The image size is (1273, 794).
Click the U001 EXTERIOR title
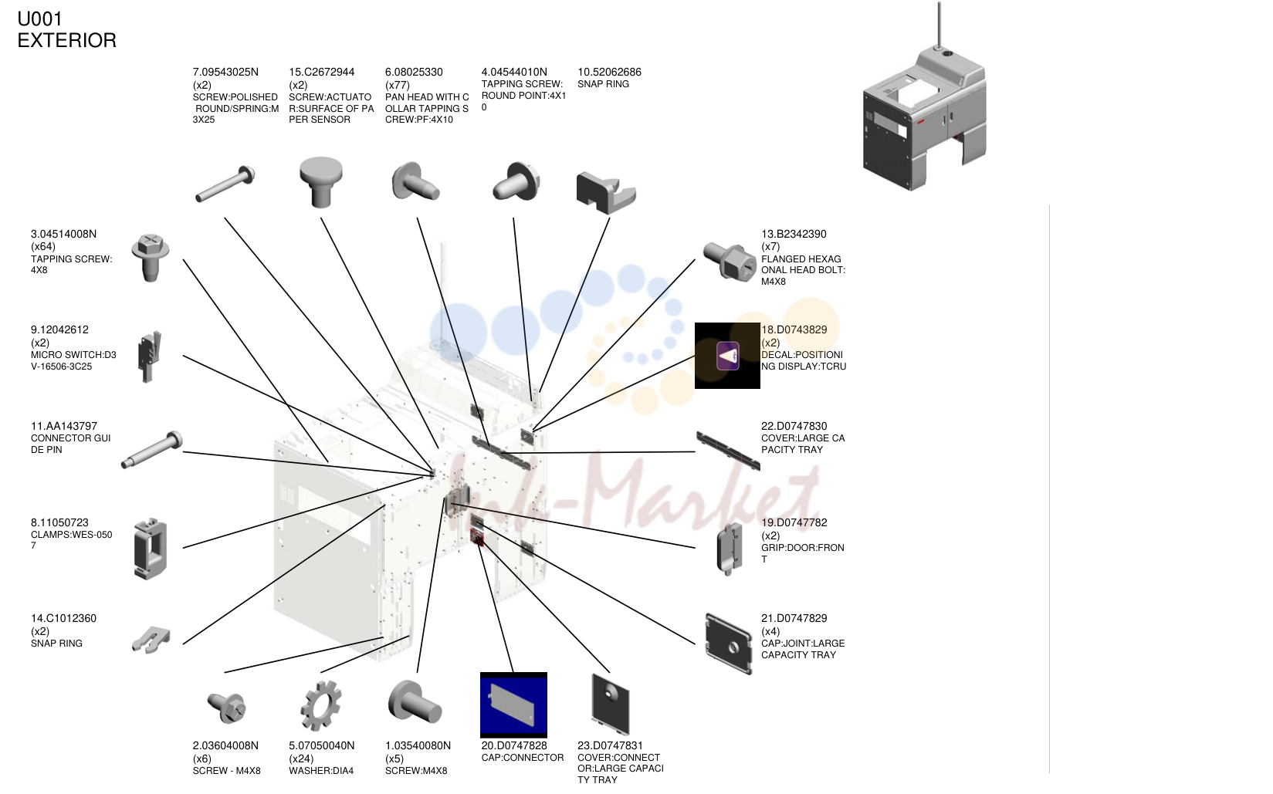(x=66, y=29)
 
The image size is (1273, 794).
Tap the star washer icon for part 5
(x=320, y=705)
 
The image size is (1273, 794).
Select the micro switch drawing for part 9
(x=150, y=356)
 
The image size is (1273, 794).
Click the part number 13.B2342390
(x=794, y=234)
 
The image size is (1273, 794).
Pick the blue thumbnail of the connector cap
(x=513, y=704)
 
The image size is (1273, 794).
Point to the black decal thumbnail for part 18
(x=727, y=356)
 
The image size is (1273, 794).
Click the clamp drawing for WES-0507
(x=150, y=549)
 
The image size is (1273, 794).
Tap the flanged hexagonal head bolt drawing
(x=729, y=261)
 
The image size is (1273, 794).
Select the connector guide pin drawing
(x=152, y=450)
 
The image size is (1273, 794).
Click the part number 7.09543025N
(x=225, y=72)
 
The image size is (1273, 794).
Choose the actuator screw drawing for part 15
(x=321, y=182)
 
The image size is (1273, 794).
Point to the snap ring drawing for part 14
(x=151, y=640)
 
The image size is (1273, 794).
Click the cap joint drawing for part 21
(x=729, y=644)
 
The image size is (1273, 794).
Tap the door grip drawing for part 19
(x=729, y=549)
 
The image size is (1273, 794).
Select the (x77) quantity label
(x=398, y=85)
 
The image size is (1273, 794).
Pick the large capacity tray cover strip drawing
(x=728, y=451)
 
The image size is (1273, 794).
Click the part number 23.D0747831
(x=610, y=745)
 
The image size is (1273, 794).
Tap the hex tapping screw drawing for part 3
(x=150, y=257)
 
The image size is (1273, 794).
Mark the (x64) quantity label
(x=43, y=246)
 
